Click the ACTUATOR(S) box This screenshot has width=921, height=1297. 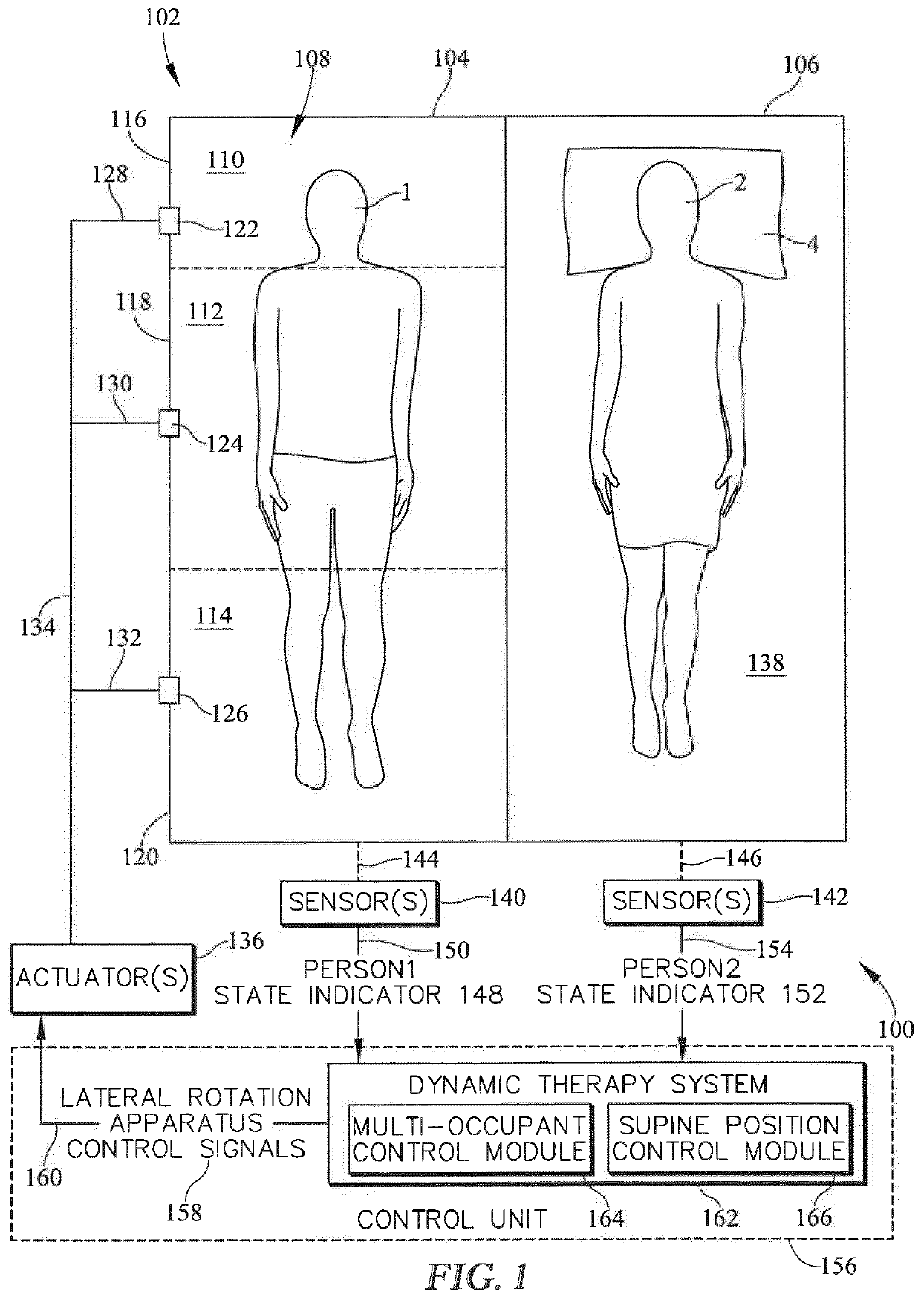point(102,978)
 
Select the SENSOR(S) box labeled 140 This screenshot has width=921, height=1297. point(359,902)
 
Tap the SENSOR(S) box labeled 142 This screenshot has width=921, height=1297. point(681,901)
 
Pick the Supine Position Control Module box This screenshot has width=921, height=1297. point(728,1139)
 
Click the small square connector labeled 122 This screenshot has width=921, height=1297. point(170,221)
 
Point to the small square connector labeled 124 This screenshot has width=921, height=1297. point(170,423)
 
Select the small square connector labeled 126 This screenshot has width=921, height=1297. point(170,690)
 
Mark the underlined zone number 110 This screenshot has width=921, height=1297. point(226,160)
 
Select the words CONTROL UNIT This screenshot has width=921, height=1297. point(452,1219)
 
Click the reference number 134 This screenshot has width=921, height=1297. point(37,627)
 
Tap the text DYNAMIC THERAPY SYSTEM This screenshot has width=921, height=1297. point(588,1084)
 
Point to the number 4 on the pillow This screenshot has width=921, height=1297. point(813,243)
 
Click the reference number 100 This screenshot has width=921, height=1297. point(896,1029)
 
